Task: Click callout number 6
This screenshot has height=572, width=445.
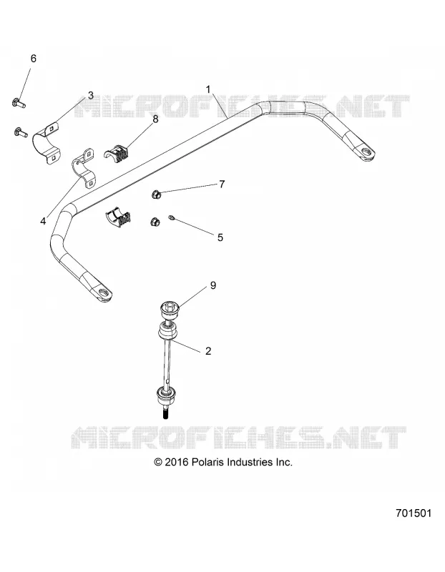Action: [x=33, y=59]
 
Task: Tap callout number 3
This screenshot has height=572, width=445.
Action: [x=90, y=95]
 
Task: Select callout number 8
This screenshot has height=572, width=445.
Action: [x=155, y=119]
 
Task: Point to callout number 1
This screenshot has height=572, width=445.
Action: [x=208, y=89]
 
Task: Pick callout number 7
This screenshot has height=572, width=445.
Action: [x=222, y=184]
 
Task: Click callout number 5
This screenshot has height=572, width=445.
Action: [x=220, y=237]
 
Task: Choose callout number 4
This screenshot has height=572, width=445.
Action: [x=43, y=221]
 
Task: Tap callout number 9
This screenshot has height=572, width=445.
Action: [x=213, y=285]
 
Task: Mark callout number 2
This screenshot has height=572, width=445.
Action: [x=208, y=351]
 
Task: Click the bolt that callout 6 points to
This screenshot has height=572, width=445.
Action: [x=19, y=103]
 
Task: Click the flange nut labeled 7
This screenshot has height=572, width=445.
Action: [x=156, y=194]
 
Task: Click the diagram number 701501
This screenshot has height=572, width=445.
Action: [x=414, y=513]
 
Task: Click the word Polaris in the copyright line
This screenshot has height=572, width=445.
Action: [x=207, y=462]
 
